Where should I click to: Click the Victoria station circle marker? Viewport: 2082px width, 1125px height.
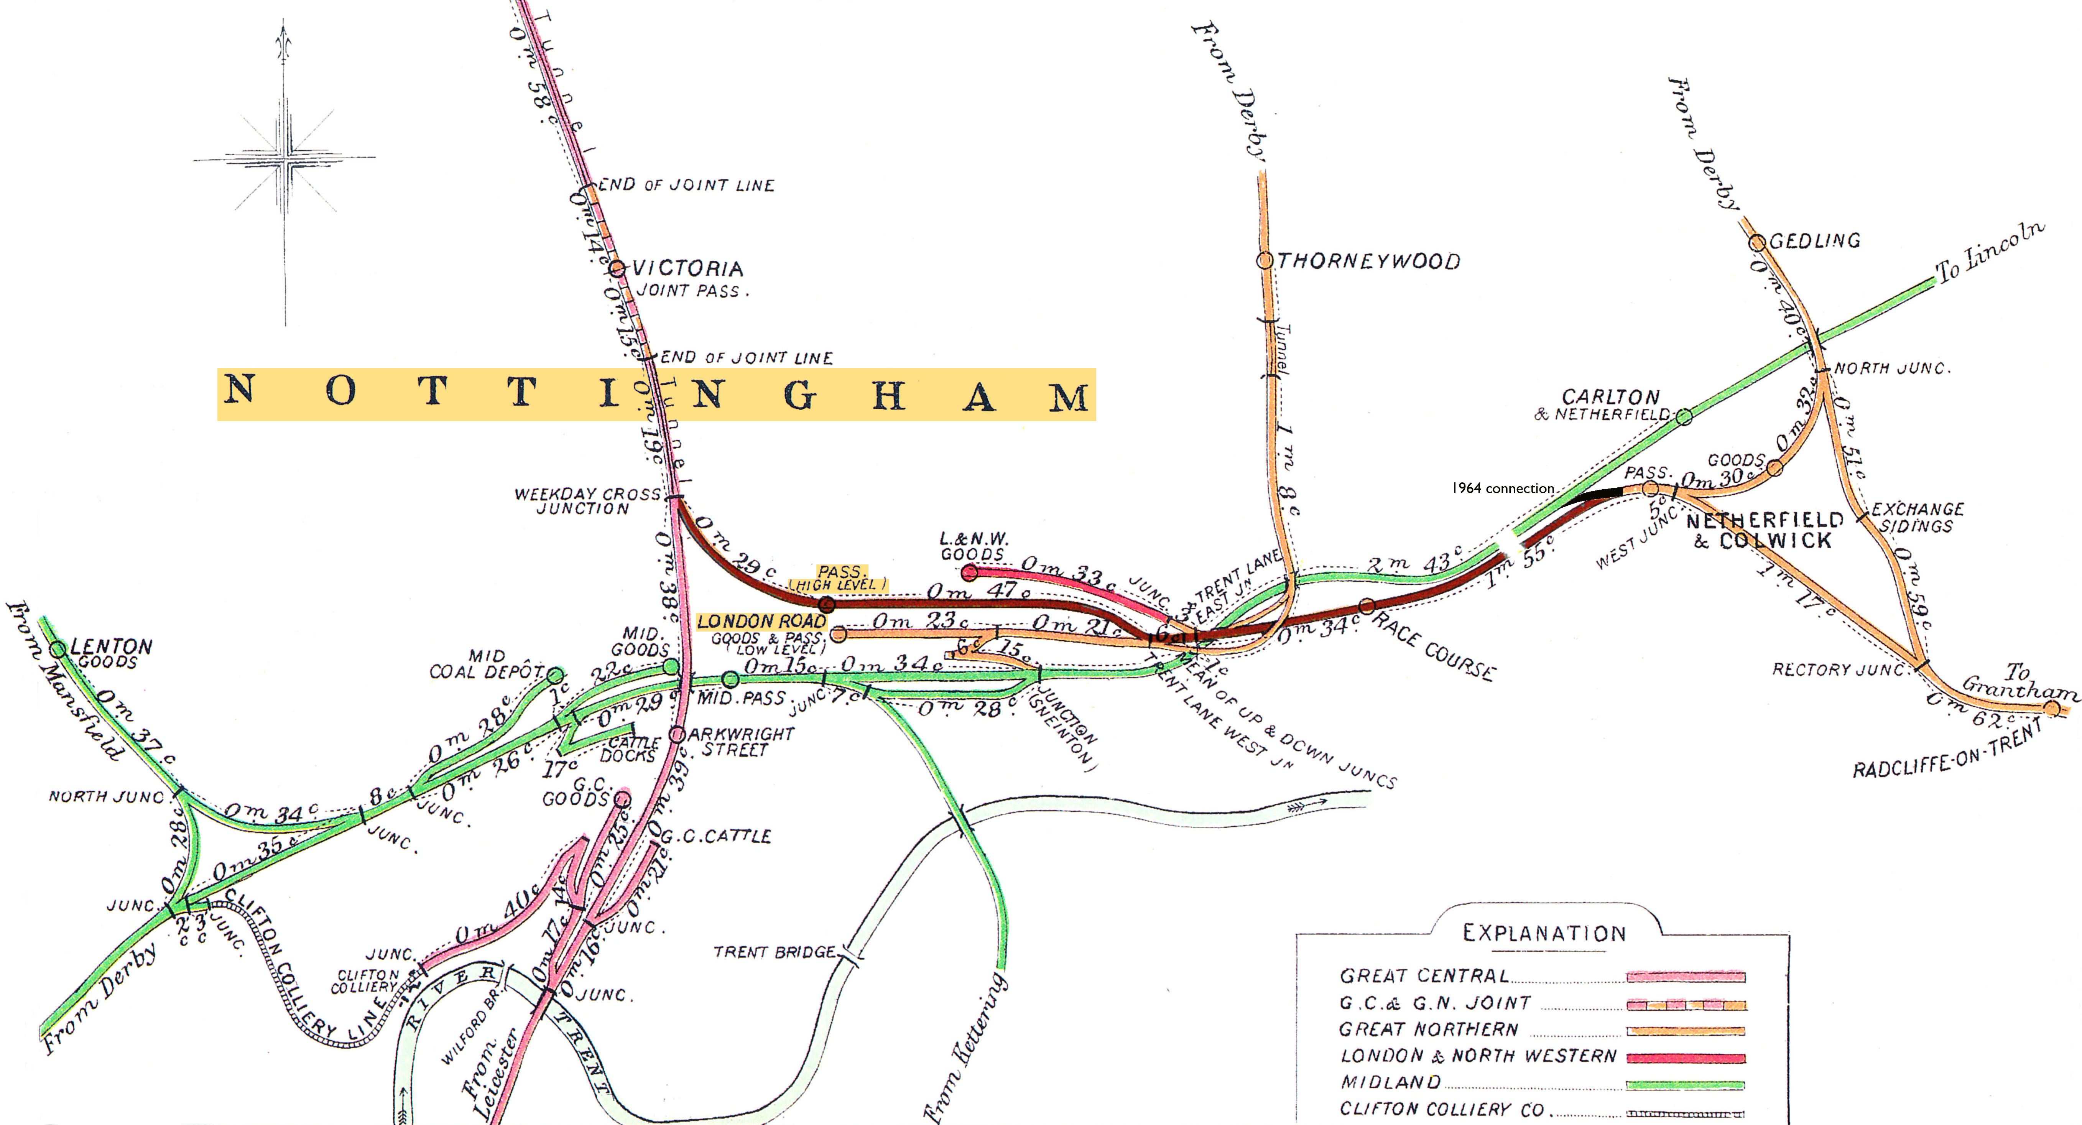point(617,268)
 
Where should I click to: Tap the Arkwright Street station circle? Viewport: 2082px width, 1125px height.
point(677,735)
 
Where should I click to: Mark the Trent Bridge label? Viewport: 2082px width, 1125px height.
point(773,952)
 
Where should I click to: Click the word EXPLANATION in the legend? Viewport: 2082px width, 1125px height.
point(1544,933)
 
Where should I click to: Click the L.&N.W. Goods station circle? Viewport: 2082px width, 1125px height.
point(970,573)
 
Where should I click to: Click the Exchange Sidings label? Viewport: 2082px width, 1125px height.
point(1917,517)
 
